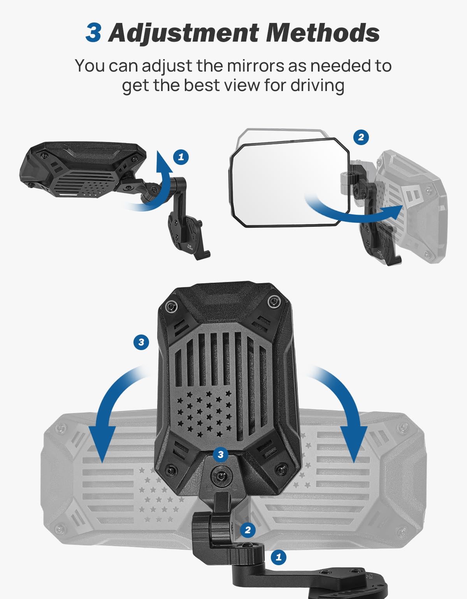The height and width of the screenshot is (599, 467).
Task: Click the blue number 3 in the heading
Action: pyautogui.click(x=93, y=33)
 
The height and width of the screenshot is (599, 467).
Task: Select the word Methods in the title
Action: pyautogui.click(x=323, y=33)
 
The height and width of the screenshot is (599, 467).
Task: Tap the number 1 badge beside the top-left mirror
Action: pyautogui.click(x=181, y=157)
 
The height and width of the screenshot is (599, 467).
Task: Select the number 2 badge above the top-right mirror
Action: pyautogui.click(x=361, y=137)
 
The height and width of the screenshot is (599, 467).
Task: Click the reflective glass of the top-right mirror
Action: pyautogui.click(x=280, y=183)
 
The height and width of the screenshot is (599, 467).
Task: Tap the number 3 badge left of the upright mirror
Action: pyautogui.click(x=141, y=342)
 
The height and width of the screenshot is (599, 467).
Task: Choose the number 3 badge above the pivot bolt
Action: pyautogui.click(x=221, y=454)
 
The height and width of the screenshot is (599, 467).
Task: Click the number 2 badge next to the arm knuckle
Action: pyautogui.click(x=248, y=530)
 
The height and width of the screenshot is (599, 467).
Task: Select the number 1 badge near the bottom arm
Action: pyautogui.click(x=278, y=557)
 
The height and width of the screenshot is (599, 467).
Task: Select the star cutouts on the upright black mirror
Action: pyautogui.click(x=204, y=412)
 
